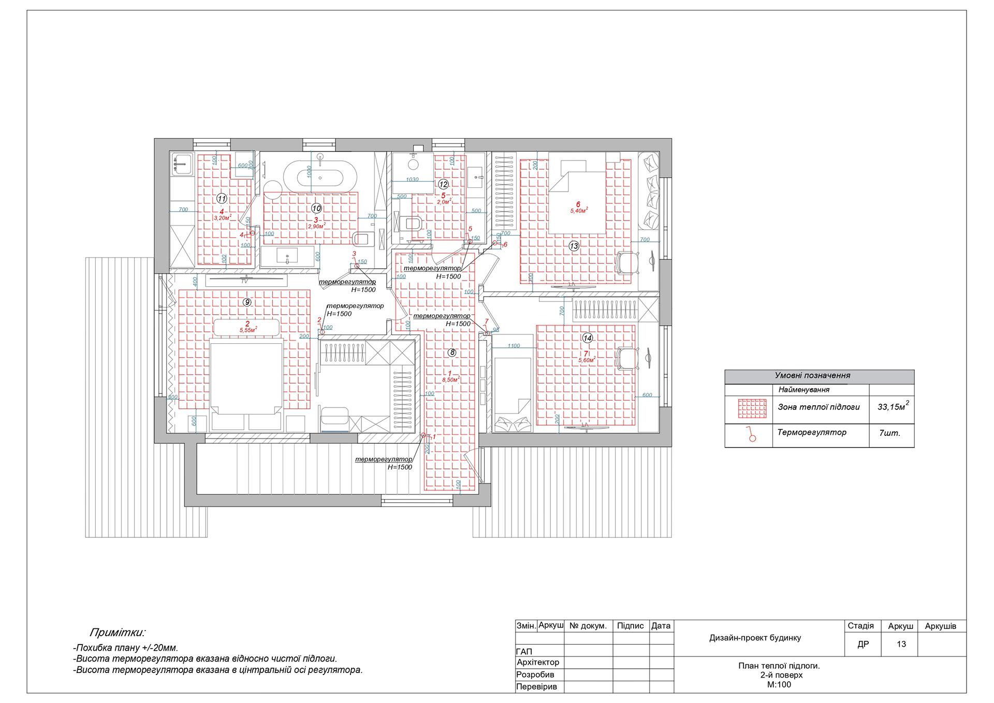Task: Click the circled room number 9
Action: (247, 302)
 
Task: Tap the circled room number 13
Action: (574, 246)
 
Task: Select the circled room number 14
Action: (587, 338)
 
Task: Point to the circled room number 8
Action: (452, 353)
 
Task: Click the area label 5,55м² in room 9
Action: (247, 330)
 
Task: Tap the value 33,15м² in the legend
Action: (892, 407)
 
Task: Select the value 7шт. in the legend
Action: (889, 433)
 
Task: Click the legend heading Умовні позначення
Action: (812, 376)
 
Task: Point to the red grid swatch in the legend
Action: (752, 408)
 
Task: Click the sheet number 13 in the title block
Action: (901, 644)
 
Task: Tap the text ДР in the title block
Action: (863, 644)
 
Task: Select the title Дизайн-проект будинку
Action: (755, 638)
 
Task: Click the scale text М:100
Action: (779, 684)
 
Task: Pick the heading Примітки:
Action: (118, 632)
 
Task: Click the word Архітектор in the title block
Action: (538, 662)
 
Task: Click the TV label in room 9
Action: (244, 281)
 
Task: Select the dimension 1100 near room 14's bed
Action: (514, 346)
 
